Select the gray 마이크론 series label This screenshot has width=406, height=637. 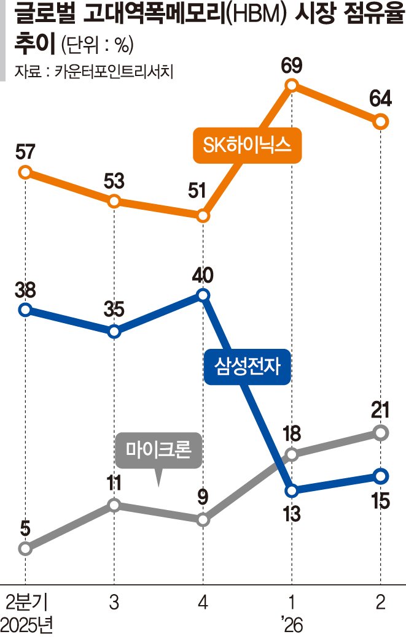click(x=158, y=452)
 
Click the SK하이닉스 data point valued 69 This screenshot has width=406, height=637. click(x=292, y=85)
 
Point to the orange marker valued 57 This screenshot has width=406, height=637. click(x=25, y=172)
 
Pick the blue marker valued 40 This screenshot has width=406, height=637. click(x=203, y=296)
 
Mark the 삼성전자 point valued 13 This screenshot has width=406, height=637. click(x=292, y=490)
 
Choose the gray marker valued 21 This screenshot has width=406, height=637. click(x=381, y=433)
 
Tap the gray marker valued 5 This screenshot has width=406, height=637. click(x=25, y=548)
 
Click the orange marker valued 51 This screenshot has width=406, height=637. click(x=203, y=216)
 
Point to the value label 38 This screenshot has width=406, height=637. click(x=25, y=288)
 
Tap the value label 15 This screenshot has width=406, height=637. click(x=380, y=501)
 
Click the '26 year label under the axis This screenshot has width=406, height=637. click(x=292, y=625)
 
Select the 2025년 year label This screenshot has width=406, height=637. click(x=27, y=625)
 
